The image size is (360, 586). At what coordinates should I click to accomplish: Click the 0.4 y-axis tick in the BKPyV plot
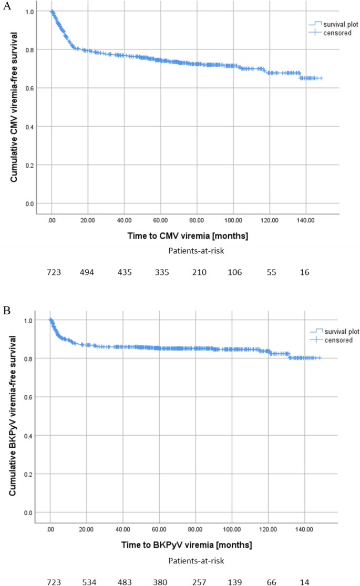29,436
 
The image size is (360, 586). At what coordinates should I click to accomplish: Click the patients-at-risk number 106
234,272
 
